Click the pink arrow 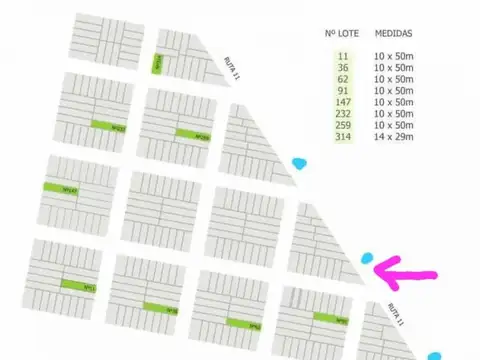click(405, 267)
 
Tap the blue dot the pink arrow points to click(367, 258)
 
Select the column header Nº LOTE click(342, 33)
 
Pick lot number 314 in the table click(343, 138)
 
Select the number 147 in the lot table click(343, 102)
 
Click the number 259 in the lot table click(343, 126)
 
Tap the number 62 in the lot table click(343, 78)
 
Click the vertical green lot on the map click(157, 64)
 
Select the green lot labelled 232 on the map click(109, 126)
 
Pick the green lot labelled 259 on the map click(193, 135)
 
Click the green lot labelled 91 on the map click(329, 319)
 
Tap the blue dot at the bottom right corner click(434, 355)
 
